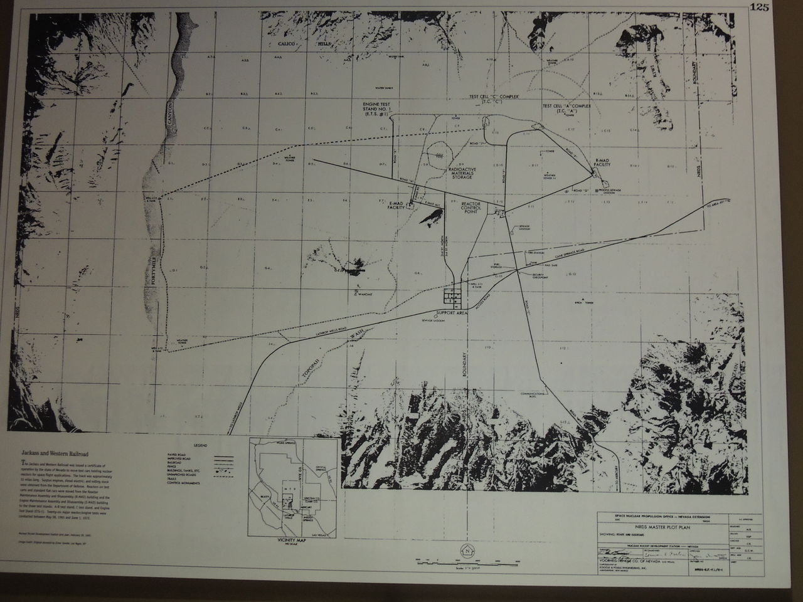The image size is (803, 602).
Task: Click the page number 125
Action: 777,8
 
